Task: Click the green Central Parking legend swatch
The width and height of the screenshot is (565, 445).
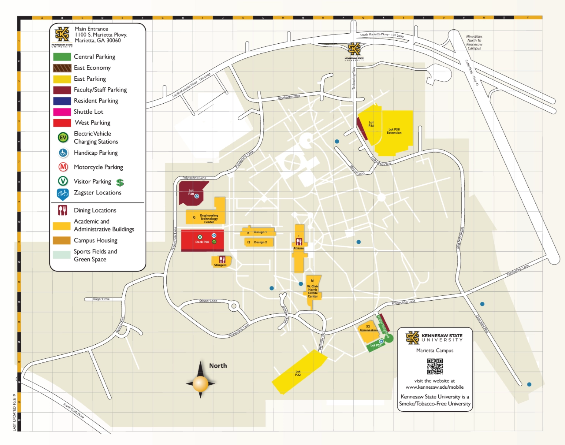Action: pyautogui.click(x=62, y=57)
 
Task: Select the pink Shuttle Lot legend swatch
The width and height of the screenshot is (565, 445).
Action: pyautogui.click(x=62, y=112)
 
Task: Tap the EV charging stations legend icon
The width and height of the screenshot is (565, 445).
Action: pyautogui.click(x=63, y=138)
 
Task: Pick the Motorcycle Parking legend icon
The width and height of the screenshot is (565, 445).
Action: pyautogui.click(x=63, y=167)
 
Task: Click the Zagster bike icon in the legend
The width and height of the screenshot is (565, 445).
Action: pyautogui.click(x=63, y=194)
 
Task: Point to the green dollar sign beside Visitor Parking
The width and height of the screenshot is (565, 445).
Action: pyautogui.click(x=120, y=183)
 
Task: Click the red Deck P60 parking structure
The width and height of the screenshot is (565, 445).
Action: pyautogui.click(x=202, y=241)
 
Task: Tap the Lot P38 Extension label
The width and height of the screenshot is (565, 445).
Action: pyautogui.click(x=394, y=131)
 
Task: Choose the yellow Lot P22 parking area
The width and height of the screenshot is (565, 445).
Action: pyautogui.click(x=299, y=373)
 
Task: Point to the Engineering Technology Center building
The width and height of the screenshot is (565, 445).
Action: pyautogui.click(x=209, y=218)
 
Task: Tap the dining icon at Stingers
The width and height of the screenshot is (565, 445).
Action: pyautogui.click(x=222, y=260)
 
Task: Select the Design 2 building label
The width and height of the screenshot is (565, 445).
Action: pyautogui.click(x=260, y=242)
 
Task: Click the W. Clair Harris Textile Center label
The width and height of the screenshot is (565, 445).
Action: pyautogui.click(x=312, y=291)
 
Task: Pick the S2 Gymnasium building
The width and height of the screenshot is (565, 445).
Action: pyautogui.click(x=368, y=329)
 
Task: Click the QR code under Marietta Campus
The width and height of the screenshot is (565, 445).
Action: pyautogui.click(x=435, y=366)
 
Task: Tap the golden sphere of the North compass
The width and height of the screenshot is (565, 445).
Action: pyautogui.click(x=200, y=384)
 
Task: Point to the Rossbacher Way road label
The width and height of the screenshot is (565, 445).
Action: pyautogui.click(x=289, y=97)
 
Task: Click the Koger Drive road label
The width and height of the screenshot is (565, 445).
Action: pyautogui.click(x=101, y=299)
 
